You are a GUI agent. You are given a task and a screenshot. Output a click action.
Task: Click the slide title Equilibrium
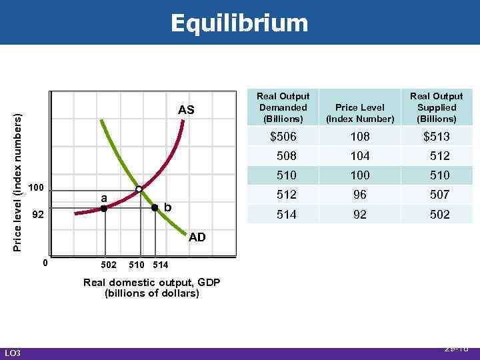239,23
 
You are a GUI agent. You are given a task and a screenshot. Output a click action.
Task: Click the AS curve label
186,110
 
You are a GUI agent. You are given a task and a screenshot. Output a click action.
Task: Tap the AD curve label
197,237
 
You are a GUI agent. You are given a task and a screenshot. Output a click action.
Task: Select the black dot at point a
104,209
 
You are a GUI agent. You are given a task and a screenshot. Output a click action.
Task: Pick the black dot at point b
155,208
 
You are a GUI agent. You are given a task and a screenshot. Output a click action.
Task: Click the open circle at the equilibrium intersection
139,189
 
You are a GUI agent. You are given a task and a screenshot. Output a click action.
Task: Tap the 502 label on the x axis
109,265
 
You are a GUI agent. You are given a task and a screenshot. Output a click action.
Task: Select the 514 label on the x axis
161,265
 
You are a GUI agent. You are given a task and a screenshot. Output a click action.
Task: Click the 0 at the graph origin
45,263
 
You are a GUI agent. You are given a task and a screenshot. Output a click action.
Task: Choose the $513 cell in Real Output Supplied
437,137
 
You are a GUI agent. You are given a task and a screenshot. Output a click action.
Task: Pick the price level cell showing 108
359,137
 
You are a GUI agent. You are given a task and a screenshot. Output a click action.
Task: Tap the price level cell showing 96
359,195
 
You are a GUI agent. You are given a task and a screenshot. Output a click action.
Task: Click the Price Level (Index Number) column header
359,113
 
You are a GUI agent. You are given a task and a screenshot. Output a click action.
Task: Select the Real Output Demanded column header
283,107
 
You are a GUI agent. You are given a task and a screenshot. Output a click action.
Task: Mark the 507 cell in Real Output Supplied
439,195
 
